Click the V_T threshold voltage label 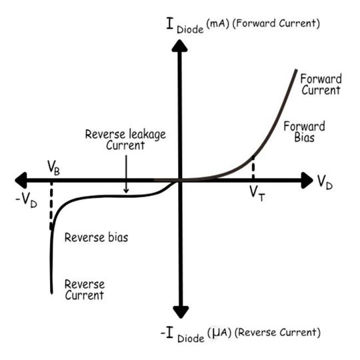pyautogui.click(x=257, y=194)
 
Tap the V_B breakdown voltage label pyautogui.click(x=55, y=166)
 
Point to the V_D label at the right pyautogui.click(x=325, y=181)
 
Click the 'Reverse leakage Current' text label pyautogui.click(x=125, y=139)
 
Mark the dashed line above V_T pyautogui.click(x=254, y=169)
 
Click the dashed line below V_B pyautogui.click(x=51, y=207)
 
